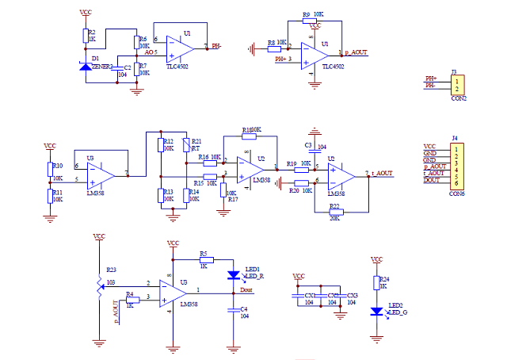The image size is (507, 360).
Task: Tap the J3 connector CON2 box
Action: [x=457, y=85]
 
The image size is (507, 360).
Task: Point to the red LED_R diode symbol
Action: [x=234, y=274]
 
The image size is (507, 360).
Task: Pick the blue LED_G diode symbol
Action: [x=376, y=310]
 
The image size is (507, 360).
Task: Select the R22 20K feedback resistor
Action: [x=334, y=212]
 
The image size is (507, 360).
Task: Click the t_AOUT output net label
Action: [x=383, y=172]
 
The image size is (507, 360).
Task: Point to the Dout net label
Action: [x=246, y=291]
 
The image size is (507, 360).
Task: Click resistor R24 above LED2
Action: [x=376, y=281]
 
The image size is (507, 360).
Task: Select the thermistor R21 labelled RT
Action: [x=186, y=145]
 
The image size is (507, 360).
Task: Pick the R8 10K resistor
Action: [x=274, y=48]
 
